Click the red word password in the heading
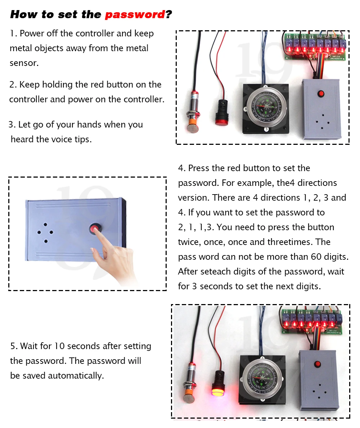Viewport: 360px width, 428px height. (x=135, y=15)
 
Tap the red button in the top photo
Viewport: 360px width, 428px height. (x=320, y=94)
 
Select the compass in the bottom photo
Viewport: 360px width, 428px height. (x=262, y=377)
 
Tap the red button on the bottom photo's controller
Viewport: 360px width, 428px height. (x=317, y=364)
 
